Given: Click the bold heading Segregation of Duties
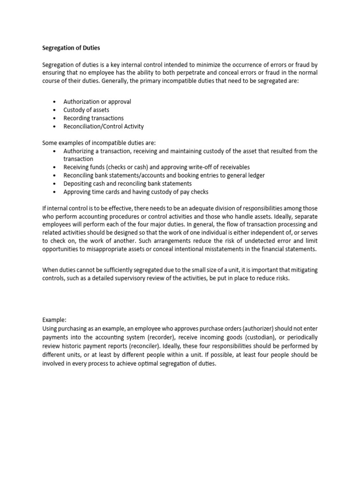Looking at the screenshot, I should pos(71,47).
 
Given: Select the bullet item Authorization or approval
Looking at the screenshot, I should pos(97,102).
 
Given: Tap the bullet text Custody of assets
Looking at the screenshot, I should pos(86,110).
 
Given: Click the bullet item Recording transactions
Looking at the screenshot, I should pos(93,118).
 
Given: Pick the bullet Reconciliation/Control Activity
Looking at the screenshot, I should pos(104,127).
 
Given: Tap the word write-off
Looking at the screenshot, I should pos(201,167).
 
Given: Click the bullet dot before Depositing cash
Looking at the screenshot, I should pos(55,184).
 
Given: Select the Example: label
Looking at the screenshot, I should pos(55,319).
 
